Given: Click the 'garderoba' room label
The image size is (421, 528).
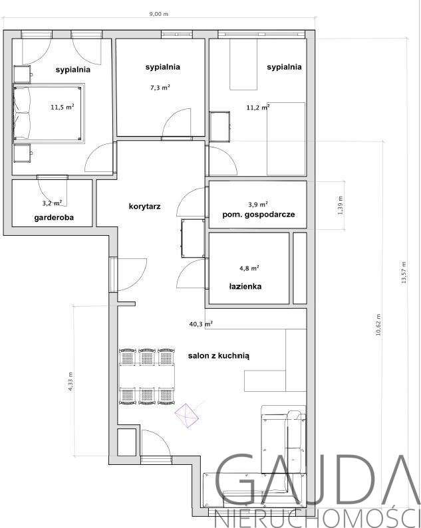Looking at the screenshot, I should tap(53, 218).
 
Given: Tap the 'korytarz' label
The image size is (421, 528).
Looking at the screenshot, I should tap(145, 207).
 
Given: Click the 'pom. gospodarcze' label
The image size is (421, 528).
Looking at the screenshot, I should tap(258, 215).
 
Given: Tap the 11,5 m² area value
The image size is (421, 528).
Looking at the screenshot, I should tap(62, 106).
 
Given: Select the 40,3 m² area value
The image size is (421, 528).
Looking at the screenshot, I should tap(200, 324).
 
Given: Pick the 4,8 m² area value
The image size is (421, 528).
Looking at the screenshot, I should tap(249, 268).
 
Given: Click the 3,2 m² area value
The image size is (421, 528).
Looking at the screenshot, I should tap(52, 203).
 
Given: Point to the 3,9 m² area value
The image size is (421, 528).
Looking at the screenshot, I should tap(258, 204).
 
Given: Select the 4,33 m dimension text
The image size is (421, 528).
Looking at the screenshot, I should tap(71, 381).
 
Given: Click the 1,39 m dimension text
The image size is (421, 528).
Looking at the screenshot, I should tap(341, 206).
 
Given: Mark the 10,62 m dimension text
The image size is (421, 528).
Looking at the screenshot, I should tap(378, 325).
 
